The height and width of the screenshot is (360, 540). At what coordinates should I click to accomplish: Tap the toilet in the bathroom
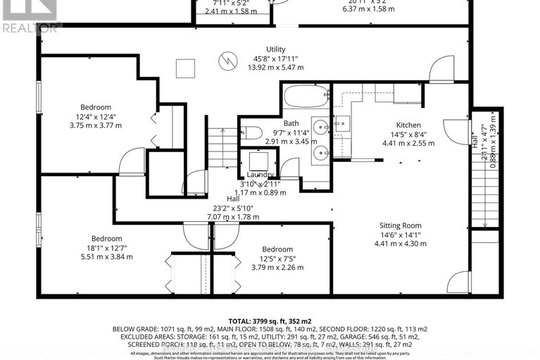252,132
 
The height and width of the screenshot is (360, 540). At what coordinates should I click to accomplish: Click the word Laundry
260,175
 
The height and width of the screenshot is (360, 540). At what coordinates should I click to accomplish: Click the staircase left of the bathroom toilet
223,147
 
